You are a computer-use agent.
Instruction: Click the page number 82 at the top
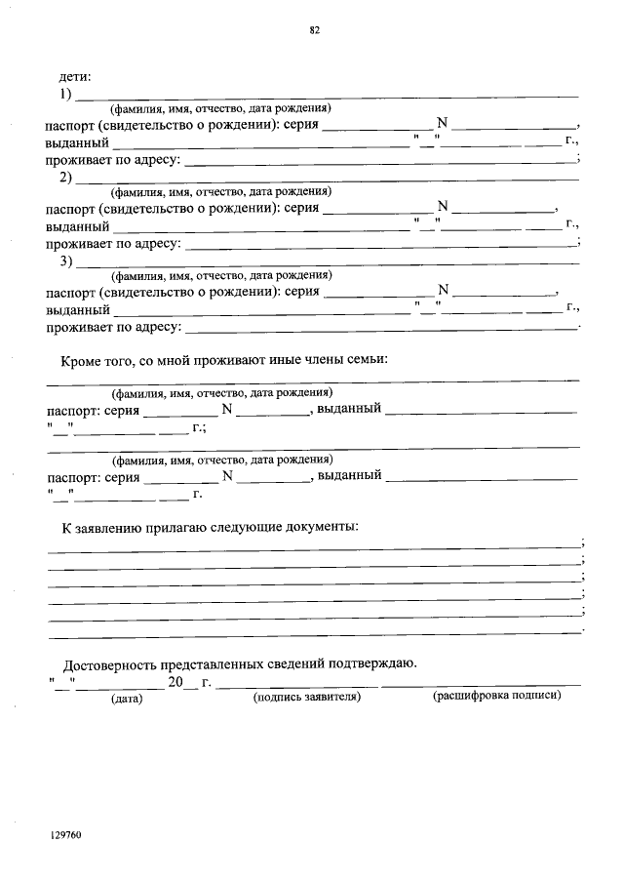coord(315,29)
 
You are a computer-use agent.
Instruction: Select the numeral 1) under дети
coord(66,94)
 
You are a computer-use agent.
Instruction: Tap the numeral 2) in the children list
coord(66,178)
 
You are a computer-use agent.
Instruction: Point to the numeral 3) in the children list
coord(66,261)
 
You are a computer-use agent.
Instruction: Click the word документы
coord(316,528)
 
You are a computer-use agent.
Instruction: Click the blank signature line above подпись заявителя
coord(296,687)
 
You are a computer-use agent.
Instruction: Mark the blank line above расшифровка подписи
coord(482,687)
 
